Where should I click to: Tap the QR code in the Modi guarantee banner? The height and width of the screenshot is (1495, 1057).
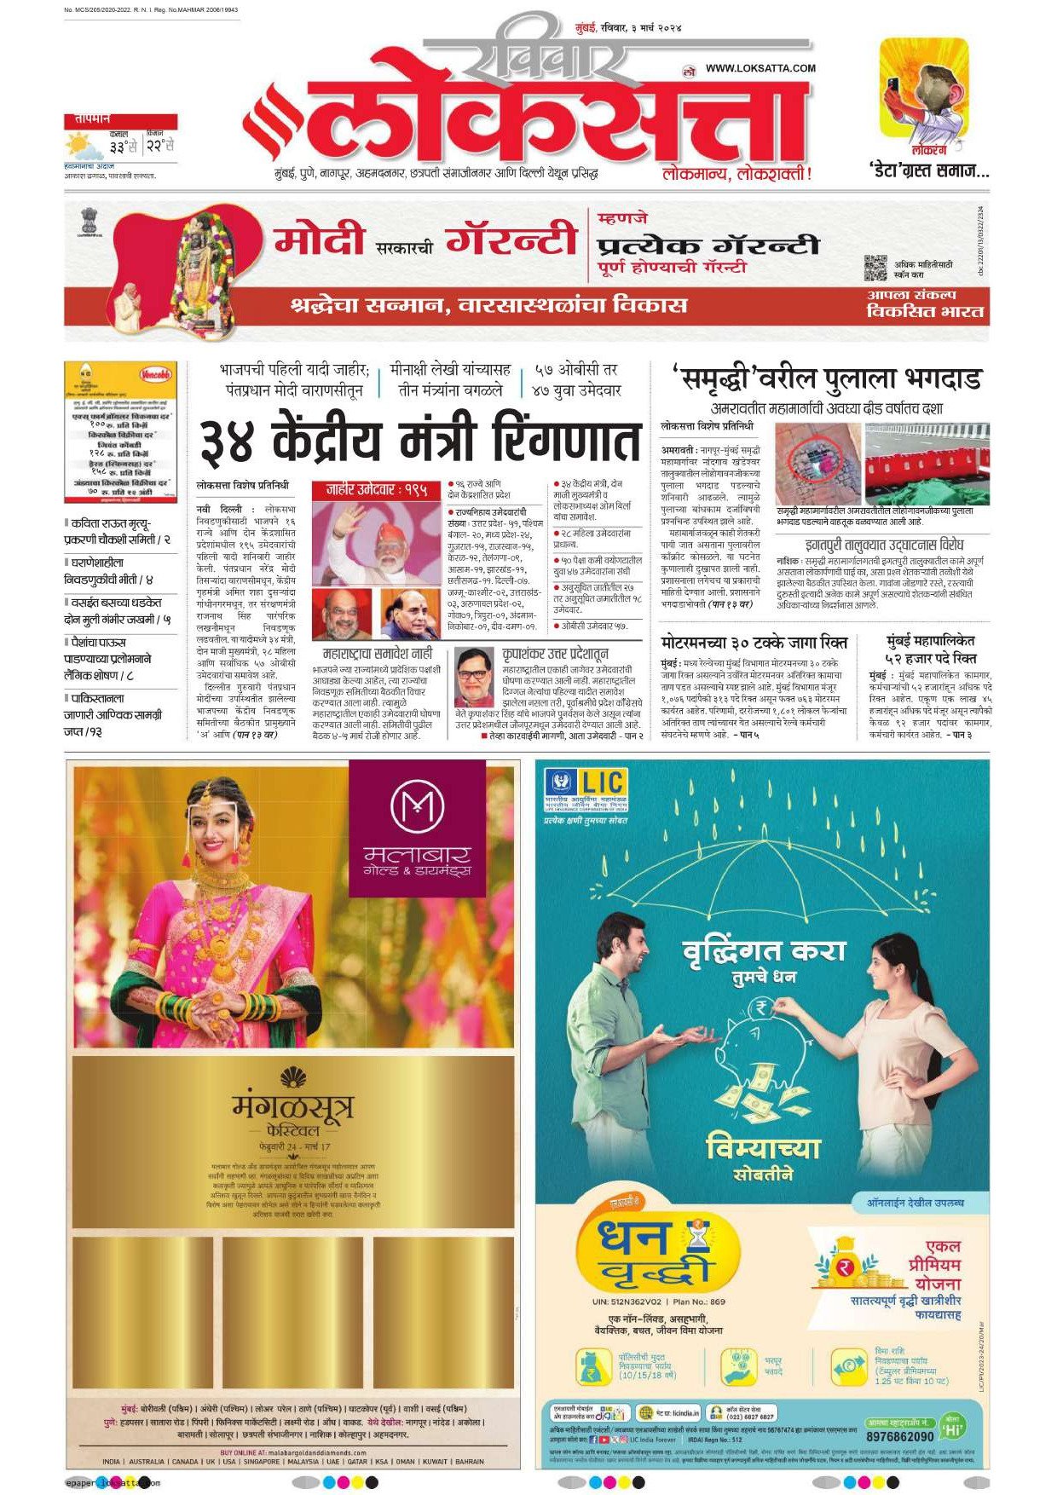pyautogui.click(x=875, y=268)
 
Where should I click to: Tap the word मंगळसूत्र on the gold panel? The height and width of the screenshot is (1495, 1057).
pyautogui.click(x=292, y=1107)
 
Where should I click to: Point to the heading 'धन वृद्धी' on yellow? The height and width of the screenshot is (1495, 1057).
pyautogui.click(x=644, y=1251)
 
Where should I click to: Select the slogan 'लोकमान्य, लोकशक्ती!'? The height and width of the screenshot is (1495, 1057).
pyautogui.click(x=736, y=174)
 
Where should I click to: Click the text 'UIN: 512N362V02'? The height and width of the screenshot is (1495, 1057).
pyautogui.click(x=627, y=1302)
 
